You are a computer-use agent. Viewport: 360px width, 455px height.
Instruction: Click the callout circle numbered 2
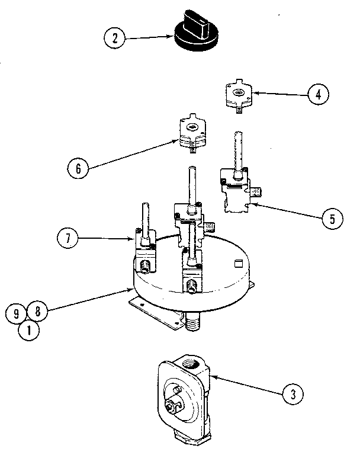(x=115, y=39)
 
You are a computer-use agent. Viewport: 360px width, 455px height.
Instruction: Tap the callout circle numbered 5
(x=333, y=219)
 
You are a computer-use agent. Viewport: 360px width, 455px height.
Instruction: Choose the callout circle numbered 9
(x=15, y=314)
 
